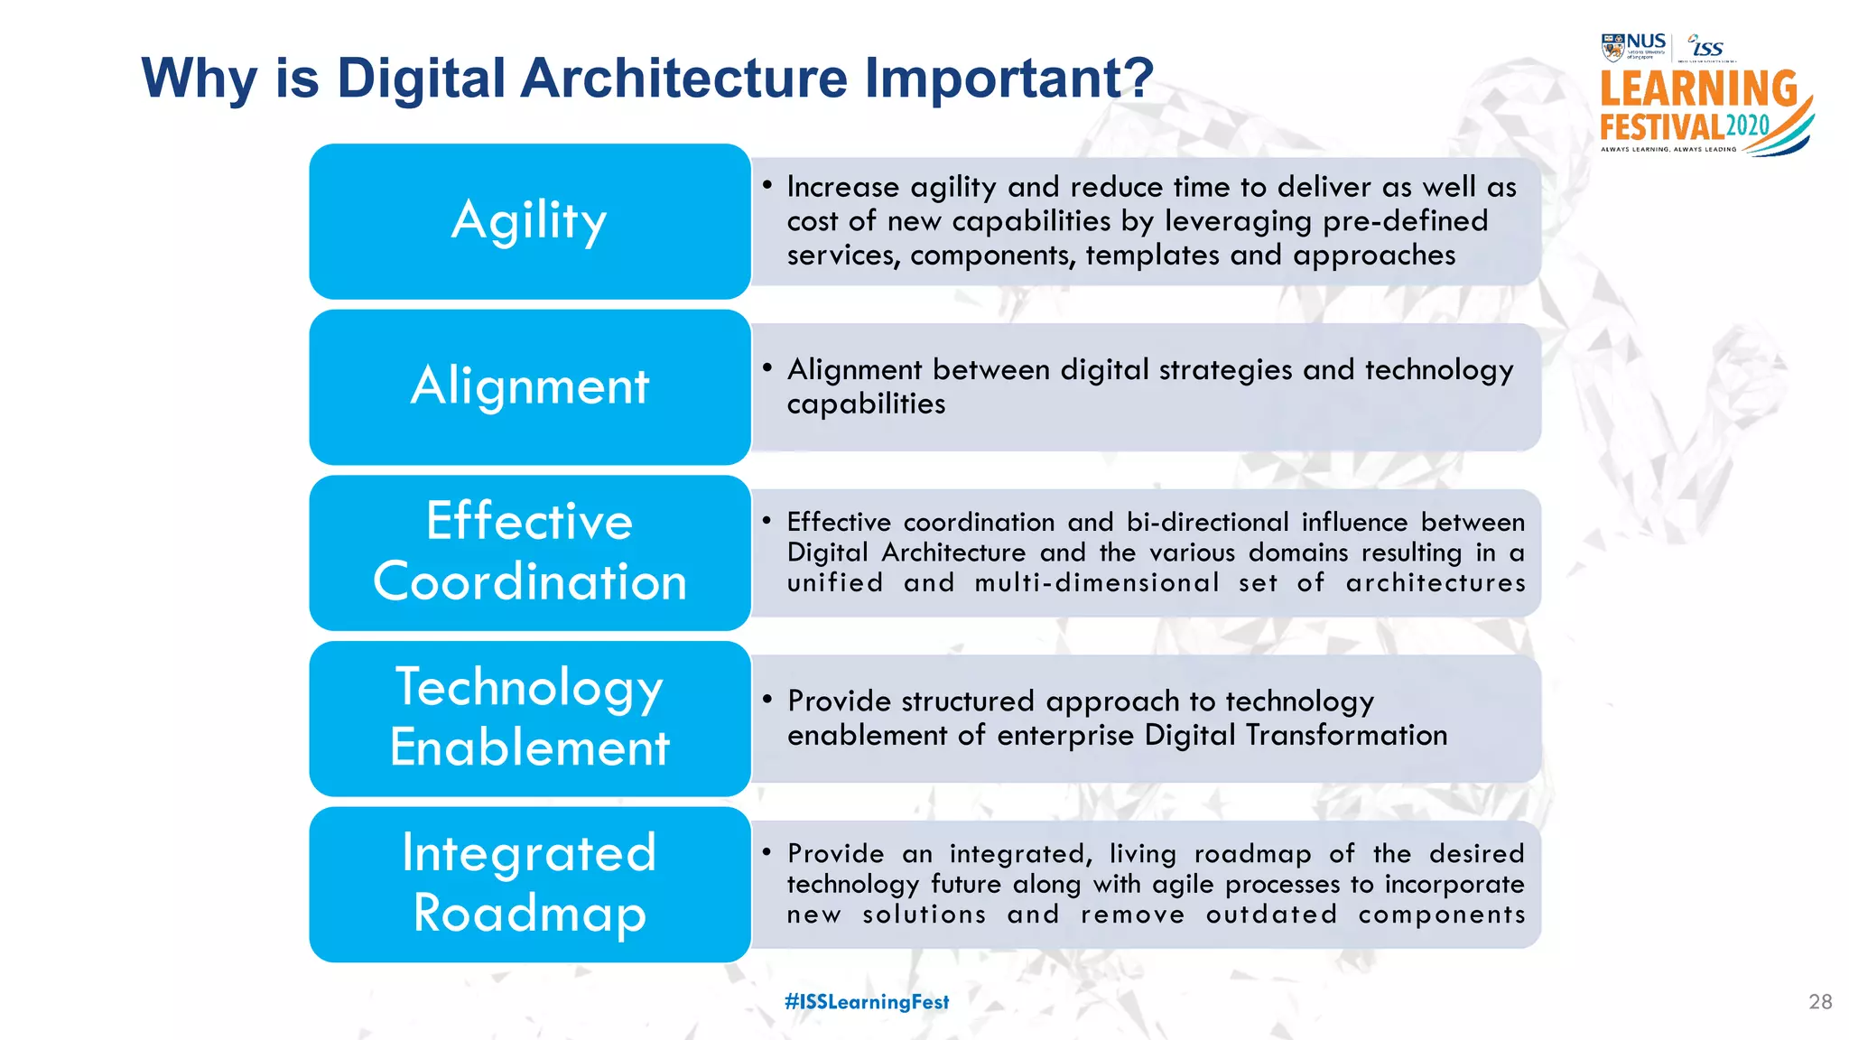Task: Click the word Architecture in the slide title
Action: coord(684,78)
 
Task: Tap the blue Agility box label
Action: coord(529,221)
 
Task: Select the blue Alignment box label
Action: coord(529,386)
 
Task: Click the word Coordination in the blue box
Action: coord(529,581)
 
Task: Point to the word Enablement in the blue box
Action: coord(529,747)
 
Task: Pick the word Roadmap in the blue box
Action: coord(529,914)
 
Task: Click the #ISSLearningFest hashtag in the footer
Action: coord(867,1002)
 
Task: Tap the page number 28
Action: coord(1820,1002)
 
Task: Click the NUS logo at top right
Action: coord(1633,46)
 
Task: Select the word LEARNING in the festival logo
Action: coord(1698,89)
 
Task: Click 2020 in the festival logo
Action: coord(1748,126)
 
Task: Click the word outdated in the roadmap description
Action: coord(1271,915)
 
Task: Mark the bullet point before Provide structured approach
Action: coord(767,701)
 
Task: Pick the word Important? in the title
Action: coord(1008,78)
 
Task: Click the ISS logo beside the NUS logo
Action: coord(1706,47)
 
